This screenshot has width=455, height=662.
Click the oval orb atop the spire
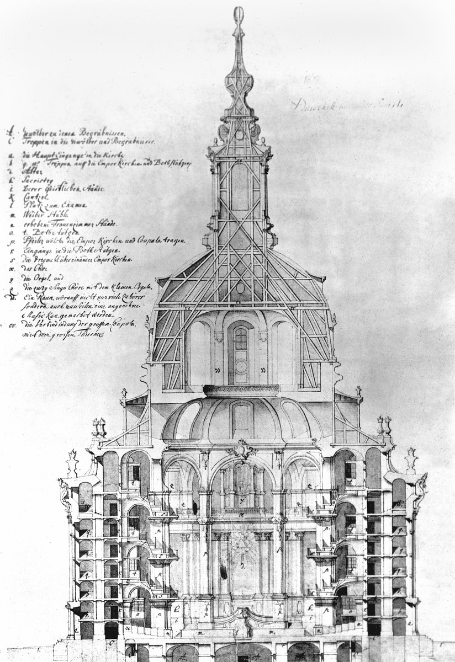[x=239, y=15]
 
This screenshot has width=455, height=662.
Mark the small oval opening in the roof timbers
[x=240, y=287]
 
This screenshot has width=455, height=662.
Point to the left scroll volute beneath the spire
[x=224, y=132]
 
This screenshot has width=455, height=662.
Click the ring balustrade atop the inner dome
[x=241, y=390]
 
